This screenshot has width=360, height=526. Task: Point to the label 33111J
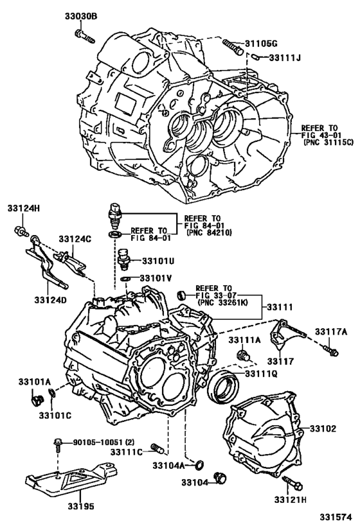pos(285,58)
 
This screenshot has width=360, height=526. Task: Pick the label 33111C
pos(125,452)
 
